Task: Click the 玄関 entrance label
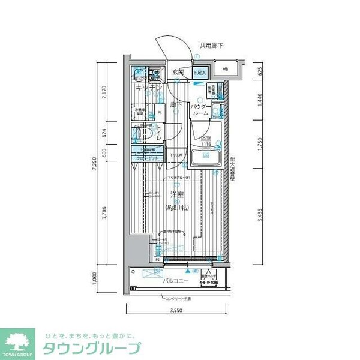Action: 178,73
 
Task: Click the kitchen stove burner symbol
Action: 155,75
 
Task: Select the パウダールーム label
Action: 200,109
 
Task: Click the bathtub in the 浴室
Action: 205,158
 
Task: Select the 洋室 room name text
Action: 176,195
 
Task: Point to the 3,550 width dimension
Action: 175,310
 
